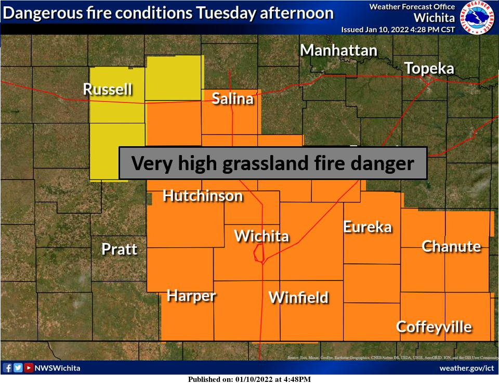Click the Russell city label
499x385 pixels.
tap(108, 89)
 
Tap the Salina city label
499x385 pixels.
tap(232, 98)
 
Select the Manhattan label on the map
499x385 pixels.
tap(338, 50)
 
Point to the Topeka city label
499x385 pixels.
tap(429, 69)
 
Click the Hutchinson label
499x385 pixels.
tap(203, 196)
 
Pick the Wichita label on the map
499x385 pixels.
tap(261, 236)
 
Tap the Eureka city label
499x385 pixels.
tap(367, 227)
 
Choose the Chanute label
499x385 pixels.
tap(451, 246)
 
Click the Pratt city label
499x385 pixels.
tap(120, 249)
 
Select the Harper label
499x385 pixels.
tap(191, 296)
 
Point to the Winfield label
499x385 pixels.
tap(298, 297)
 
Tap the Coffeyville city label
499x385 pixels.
tap(434, 327)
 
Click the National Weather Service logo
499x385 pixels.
tap(478, 17)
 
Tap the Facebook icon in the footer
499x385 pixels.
tap(7, 368)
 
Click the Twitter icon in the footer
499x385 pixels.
tap(18, 368)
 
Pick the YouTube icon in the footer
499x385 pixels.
tap(29, 368)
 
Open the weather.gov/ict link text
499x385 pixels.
tap(466, 368)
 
